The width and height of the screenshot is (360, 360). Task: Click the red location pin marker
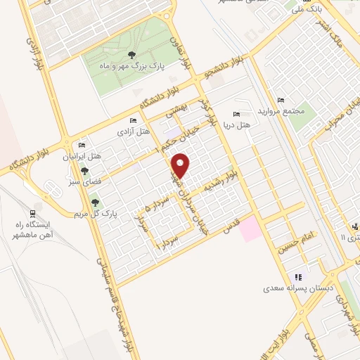(181, 165)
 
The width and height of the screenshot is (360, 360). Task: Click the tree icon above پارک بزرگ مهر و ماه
(131, 54)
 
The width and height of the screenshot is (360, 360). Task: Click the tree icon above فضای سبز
(85, 170)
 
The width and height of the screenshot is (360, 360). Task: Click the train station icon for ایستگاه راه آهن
(33, 214)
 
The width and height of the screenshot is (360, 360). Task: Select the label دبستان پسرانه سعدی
(295, 288)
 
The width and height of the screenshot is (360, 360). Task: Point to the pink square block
(251, 231)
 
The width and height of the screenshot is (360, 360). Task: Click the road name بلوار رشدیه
(221, 182)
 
